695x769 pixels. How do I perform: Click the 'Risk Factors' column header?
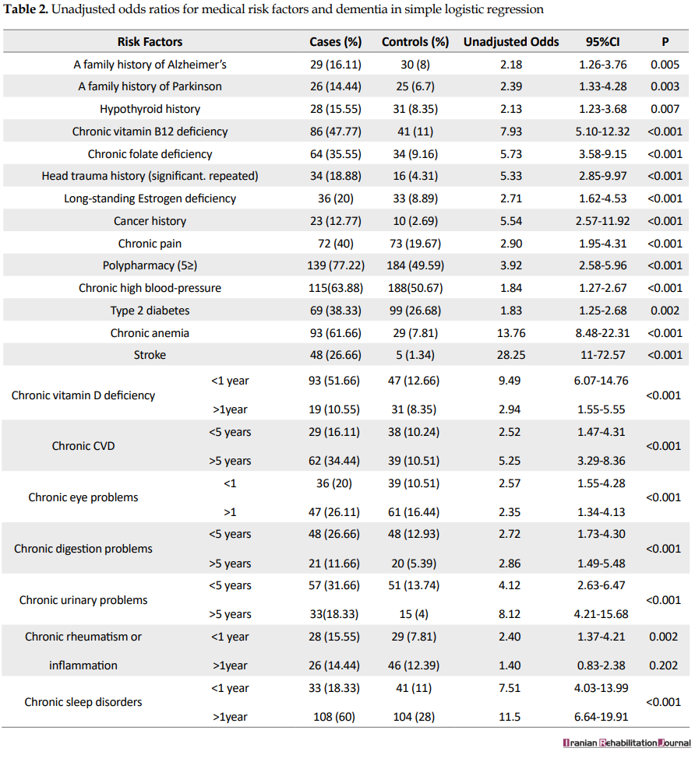pyautogui.click(x=150, y=42)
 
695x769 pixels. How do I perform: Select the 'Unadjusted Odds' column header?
pyautogui.click(x=511, y=42)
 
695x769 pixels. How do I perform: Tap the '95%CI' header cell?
pyautogui.click(x=602, y=42)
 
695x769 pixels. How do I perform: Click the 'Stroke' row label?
pyautogui.click(x=150, y=355)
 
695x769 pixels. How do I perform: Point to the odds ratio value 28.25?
pyautogui.click(x=511, y=355)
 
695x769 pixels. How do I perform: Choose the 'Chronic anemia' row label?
pyautogui.click(x=150, y=333)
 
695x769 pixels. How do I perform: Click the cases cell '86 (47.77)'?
pyautogui.click(x=336, y=132)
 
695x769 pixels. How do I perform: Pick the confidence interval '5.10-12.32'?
pyautogui.click(x=602, y=132)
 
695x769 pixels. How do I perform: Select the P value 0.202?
pyautogui.click(x=664, y=665)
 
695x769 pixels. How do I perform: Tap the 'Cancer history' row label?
pyautogui.click(x=150, y=221)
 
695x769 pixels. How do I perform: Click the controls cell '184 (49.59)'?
pyautogui.click(x=415, y=266)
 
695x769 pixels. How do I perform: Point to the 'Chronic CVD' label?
pyautogui.click(x=83, y=446)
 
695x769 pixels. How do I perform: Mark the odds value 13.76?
pyautogui.click(x=511, y=333)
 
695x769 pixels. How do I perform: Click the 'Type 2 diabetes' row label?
pyautogui.click(x=150, y=311)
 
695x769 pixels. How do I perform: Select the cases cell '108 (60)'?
pyautogui.click(x=334, y=717)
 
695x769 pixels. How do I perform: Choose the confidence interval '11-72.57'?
pyautogui.click(x=603, y=355)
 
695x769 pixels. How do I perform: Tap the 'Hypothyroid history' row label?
pyautogui.click(x=150, y=110)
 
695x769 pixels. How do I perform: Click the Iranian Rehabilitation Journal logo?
pyautogui.click(x=626, y=743)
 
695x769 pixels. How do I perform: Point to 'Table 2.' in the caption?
pyautogui.click(x=26, y=10)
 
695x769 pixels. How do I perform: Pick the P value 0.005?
pyautogui.click(x=665, y=65)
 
